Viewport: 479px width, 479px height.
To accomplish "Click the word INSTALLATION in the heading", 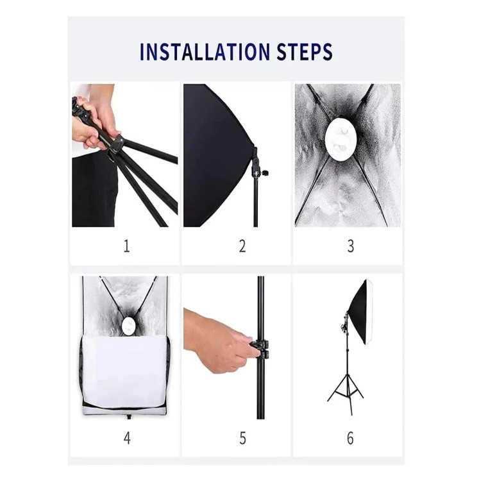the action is [x=205, y=51].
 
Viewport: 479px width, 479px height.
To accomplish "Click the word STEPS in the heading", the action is [x=305, y=51].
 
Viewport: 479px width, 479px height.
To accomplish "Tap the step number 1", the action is [x=126, y=246].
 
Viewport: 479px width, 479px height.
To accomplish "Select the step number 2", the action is [x=242, y=246].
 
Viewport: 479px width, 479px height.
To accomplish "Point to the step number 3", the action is [x=351, y=246].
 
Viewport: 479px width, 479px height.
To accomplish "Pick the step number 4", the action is [x=127, y=438].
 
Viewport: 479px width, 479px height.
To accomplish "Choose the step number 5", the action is [x=242, y=438].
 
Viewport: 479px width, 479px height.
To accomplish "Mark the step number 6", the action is [x=350, y=438].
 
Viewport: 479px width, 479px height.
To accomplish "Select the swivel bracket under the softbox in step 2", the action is [x=257, y=166].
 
